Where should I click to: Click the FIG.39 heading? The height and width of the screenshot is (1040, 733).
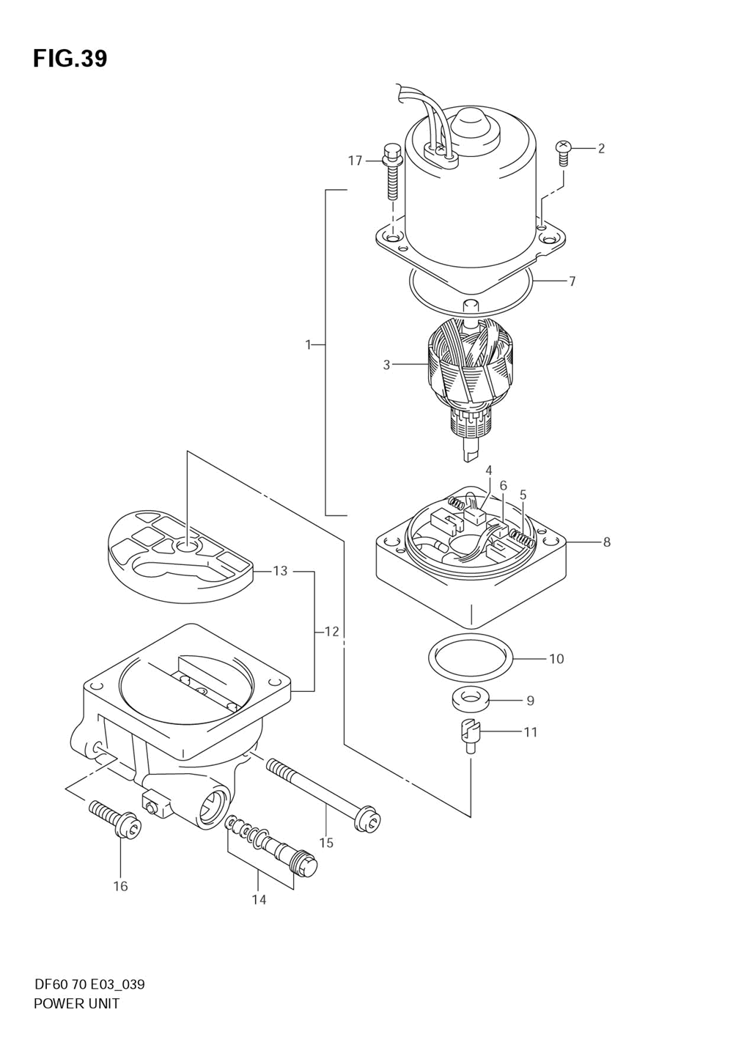70,59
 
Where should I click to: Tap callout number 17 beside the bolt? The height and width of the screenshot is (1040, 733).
356,161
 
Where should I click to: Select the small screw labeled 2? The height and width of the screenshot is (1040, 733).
564,148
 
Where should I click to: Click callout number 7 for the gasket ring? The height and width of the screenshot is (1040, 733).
572,281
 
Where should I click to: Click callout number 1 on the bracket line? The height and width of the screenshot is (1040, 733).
309,344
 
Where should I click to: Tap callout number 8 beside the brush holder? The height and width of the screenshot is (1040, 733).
606,542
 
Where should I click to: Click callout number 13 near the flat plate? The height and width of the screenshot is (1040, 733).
280,571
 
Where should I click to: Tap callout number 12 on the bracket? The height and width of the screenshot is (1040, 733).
331,631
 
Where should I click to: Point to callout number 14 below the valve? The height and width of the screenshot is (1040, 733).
259,899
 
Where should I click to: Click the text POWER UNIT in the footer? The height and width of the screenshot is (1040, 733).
76,1003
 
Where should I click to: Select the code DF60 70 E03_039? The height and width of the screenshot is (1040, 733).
89,984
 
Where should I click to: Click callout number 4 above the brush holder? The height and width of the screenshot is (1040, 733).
488,470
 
